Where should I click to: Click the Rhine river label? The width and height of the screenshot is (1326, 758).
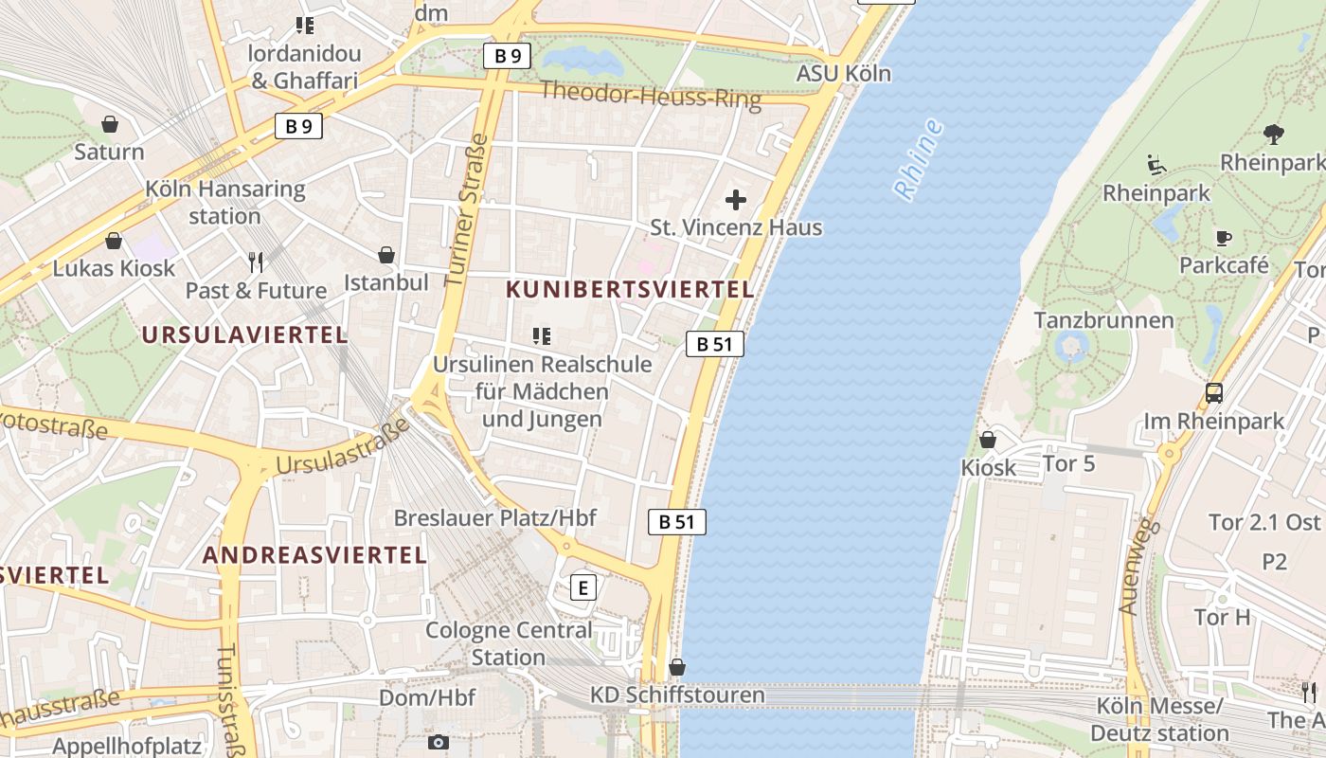pyautogui.click(x=919, y=159)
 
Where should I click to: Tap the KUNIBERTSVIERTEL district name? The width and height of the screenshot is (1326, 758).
pyautogui.click(x=630, y=289)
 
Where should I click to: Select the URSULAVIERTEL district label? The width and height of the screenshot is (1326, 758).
pyautogui.click(x=244, y=334)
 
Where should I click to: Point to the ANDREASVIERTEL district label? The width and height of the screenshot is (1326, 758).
pyautogui.click(x=315, y=555)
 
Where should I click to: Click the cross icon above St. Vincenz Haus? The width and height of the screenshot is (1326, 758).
pyautogui.click(x=735, y=200)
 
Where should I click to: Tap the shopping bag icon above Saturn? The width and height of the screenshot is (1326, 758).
pyautogui.click(x=110, y=124)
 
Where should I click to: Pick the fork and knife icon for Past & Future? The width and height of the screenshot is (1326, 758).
pyautogui.click(x=255, y=262)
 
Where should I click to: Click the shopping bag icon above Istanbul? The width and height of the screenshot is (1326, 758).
pyautogui.click(x=385, y=255)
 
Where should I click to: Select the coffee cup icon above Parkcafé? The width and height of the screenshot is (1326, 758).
pyautogui.click(x=1223, y=238)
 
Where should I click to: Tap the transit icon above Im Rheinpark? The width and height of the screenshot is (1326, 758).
pyautogui.click(x=1213, y=393)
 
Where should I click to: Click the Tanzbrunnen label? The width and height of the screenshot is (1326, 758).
pyautogui.click(x=1103, y=320)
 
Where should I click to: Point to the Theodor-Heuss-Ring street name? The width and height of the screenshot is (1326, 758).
pyautogui.click(x=650, y=95)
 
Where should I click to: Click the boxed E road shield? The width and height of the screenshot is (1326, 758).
pyautogui.click(x=583, y=588)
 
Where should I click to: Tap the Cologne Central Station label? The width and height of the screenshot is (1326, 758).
pyautogui.click(x=509, y=643)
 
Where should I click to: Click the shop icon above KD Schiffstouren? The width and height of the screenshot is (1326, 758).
pyautogui.click(x=676, y=667)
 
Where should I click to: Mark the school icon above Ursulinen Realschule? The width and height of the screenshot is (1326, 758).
pyautogui.click(x=542, y=335)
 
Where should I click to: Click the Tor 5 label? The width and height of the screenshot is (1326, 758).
pyautogui.click(x=1068, y=463)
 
